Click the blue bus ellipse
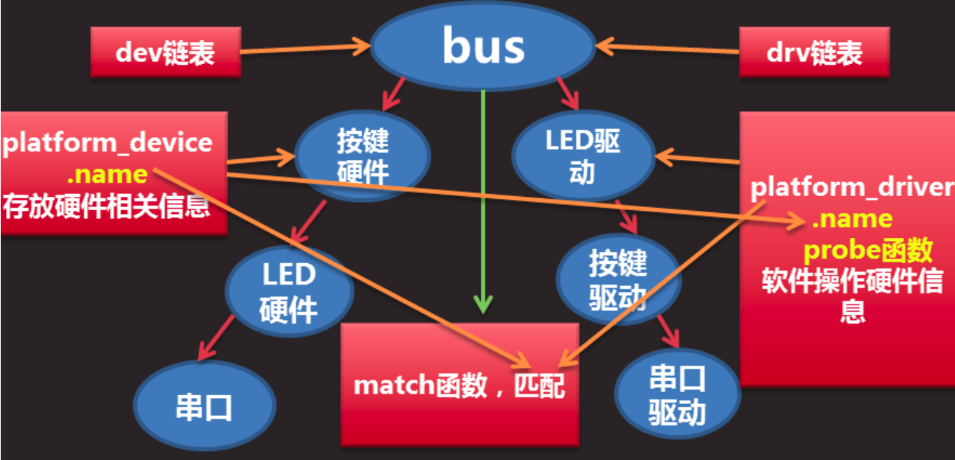tap(483, 46)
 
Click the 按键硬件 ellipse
tap(362, 157)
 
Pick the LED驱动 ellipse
tap(583, 157)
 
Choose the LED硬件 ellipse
tap(288, 292)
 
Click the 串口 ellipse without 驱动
tap(204, 406)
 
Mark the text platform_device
tap(108, 142)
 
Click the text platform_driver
tap(852, 187)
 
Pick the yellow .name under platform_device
tap(106, 175)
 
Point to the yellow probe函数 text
tap(867, 251)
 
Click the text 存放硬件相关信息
tap(106, 206)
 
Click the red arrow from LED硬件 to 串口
tap(216, 335)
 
